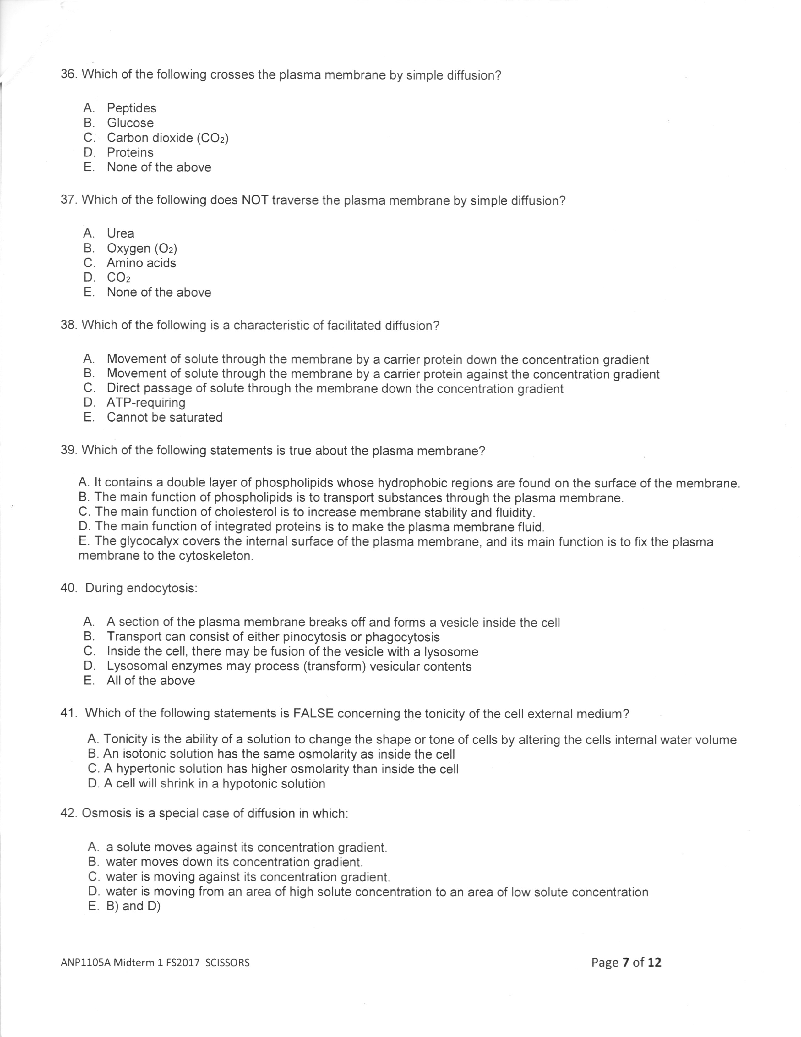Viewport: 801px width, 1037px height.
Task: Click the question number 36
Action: pyautogui.click(x=69, y=74)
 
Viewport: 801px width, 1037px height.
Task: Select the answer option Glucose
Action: pyautogui.click(x=130, y=123)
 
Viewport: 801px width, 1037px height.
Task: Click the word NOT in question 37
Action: pyautogui.click(x=255, y=200)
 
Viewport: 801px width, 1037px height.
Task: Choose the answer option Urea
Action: pyautogui.click(x=121, y=233)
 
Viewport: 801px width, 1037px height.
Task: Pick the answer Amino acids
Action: pyautogui.click(x=141, y=263)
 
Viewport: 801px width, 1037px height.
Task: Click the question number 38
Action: pyautogui.click(x=69, y=325)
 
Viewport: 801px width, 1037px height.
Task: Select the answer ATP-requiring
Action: pyautogui.click(x=146, y=403)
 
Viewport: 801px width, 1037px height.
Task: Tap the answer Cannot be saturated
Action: pyautogui.click(x=165, y=417)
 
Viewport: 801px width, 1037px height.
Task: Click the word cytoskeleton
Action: pyautogui.click(x=215, y=556)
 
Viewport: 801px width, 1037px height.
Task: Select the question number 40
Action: pyautogui.click(x=68, y=588)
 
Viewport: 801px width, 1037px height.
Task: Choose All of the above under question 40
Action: pyautogui.click(x=151, y=681)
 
